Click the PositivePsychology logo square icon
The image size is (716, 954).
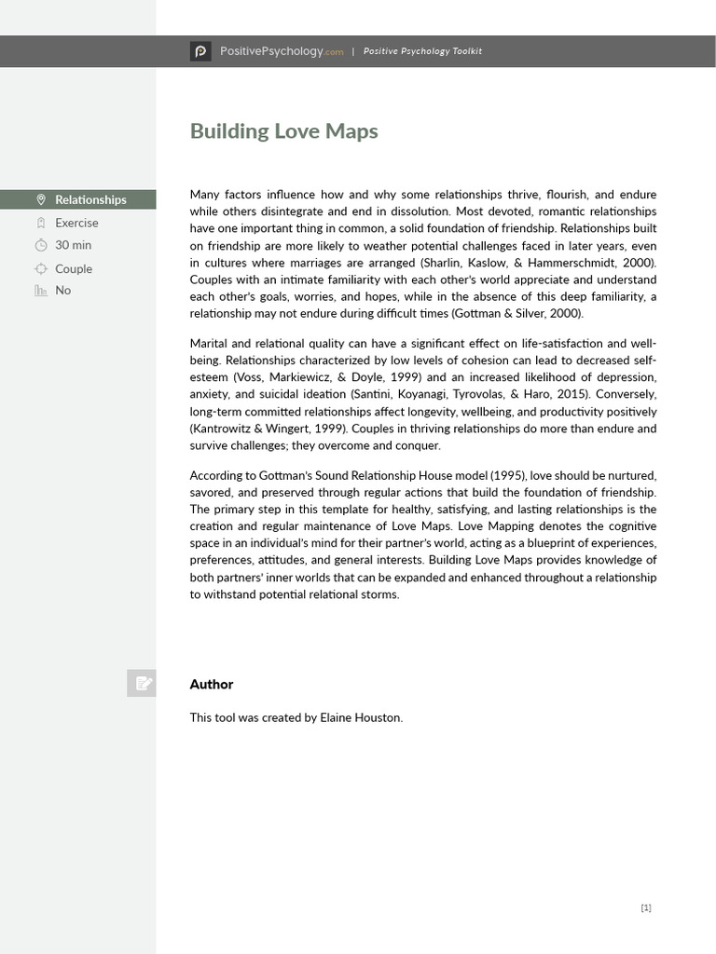tap(200, 51)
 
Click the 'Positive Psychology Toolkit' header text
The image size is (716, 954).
tap(422, 51)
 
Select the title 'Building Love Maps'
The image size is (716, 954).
tap(283, 131)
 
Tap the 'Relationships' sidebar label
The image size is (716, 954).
tap(90, 199)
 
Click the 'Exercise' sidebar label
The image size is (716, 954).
tap(76, 223)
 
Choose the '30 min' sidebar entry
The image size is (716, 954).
tap(74, 245)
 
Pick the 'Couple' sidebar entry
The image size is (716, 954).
tap(74, 268)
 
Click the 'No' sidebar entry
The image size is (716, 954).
tap(62, 291)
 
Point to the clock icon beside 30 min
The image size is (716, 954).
tap(40, 245)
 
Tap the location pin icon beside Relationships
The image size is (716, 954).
tap(40, 199)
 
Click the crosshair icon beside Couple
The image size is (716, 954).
tap(40, 268)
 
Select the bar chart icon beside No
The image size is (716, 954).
tap(40, 291)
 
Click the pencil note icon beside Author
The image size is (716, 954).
tap(142, 684)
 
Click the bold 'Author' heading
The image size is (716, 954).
tap(212, 684)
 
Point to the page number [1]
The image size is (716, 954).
tap(646, 907)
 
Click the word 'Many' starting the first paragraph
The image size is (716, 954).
tap(204, 195)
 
